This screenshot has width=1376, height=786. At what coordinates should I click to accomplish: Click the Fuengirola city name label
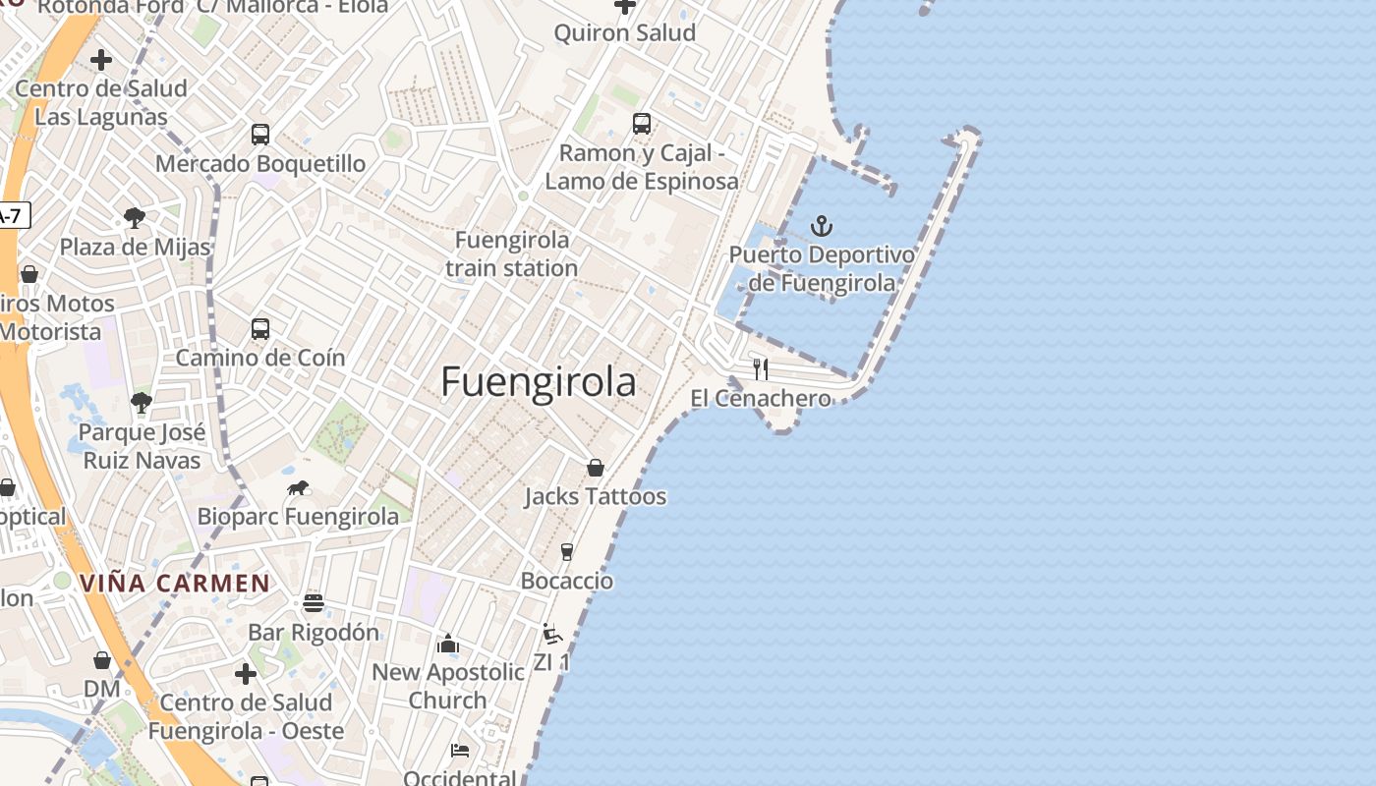pos(538,381)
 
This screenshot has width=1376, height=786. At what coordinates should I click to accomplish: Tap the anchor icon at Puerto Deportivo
pos(821,227)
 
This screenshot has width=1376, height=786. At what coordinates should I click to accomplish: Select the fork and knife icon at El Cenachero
pos(761,369)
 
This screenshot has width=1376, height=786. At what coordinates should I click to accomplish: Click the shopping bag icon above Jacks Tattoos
pos(596,468)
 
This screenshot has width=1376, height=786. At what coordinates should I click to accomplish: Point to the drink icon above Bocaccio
pos(567,552)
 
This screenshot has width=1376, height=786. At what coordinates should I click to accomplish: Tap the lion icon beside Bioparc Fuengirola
pos(298,488)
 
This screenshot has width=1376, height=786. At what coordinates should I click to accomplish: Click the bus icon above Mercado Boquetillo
pos(260,135)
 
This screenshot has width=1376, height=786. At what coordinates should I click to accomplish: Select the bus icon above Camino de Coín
pos(260,329)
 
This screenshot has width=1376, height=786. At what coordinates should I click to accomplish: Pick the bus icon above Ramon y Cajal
pos(642,124)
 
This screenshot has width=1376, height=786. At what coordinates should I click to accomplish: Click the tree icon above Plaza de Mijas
pos(135,218)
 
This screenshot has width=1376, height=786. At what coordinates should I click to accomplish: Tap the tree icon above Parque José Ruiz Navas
pos(142,402)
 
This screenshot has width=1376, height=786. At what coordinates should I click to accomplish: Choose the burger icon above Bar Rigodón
pos(314,602)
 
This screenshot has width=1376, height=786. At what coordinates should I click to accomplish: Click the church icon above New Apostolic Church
pos(448,644)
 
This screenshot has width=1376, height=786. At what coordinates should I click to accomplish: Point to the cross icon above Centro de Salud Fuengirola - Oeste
pos(246,674)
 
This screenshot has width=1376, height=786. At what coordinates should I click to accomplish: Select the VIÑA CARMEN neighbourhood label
pos(175,583)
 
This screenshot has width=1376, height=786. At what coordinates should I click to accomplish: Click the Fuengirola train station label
pos(511,253)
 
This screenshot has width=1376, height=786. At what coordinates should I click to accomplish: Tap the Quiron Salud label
pos(624,32)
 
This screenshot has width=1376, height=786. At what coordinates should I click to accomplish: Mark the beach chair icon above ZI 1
pos(552,634)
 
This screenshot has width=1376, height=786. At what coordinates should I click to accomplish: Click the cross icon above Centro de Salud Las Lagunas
pos(100,60)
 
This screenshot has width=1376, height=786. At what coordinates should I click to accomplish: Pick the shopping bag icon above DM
pos(102,660)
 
